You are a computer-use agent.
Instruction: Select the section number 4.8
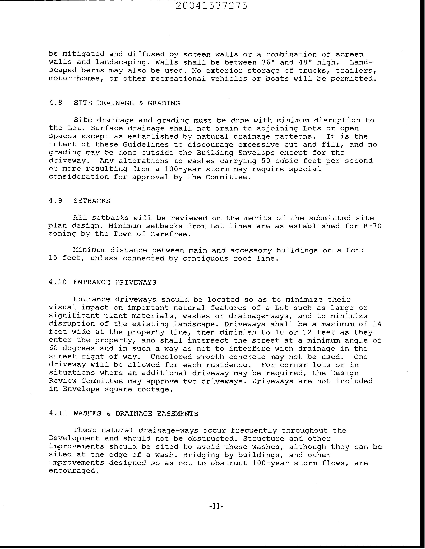click(56, 103)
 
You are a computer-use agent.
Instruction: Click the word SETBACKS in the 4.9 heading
click(92, 201)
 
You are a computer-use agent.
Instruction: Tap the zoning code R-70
click(372, 226)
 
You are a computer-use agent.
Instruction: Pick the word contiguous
click(205, 258)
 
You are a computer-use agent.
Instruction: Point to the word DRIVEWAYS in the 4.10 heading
click(136, 282)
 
